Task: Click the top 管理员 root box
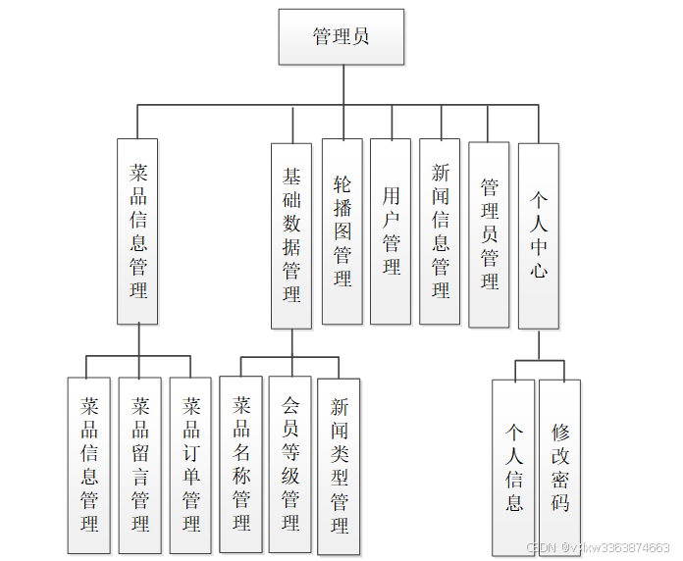pos(341,37)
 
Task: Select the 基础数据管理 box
pos(291,234)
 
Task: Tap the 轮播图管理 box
pos(342,230)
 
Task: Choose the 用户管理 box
pos(391,230)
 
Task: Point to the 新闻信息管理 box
pos(440,230)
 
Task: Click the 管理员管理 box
pos(489,234)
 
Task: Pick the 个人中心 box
pos(539,235)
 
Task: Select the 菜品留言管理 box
pos(140,464)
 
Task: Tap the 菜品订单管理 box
pos(190,464)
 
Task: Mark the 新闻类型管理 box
pos(340,465)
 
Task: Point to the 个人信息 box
pos(513,468)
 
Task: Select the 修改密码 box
pos(560,468)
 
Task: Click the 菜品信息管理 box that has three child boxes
pos(138,230)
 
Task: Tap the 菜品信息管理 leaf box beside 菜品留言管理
pos(89,464)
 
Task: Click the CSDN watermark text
pos(598,547)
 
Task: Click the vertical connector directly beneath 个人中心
pos(539,344)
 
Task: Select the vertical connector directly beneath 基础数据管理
pos(291,342)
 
